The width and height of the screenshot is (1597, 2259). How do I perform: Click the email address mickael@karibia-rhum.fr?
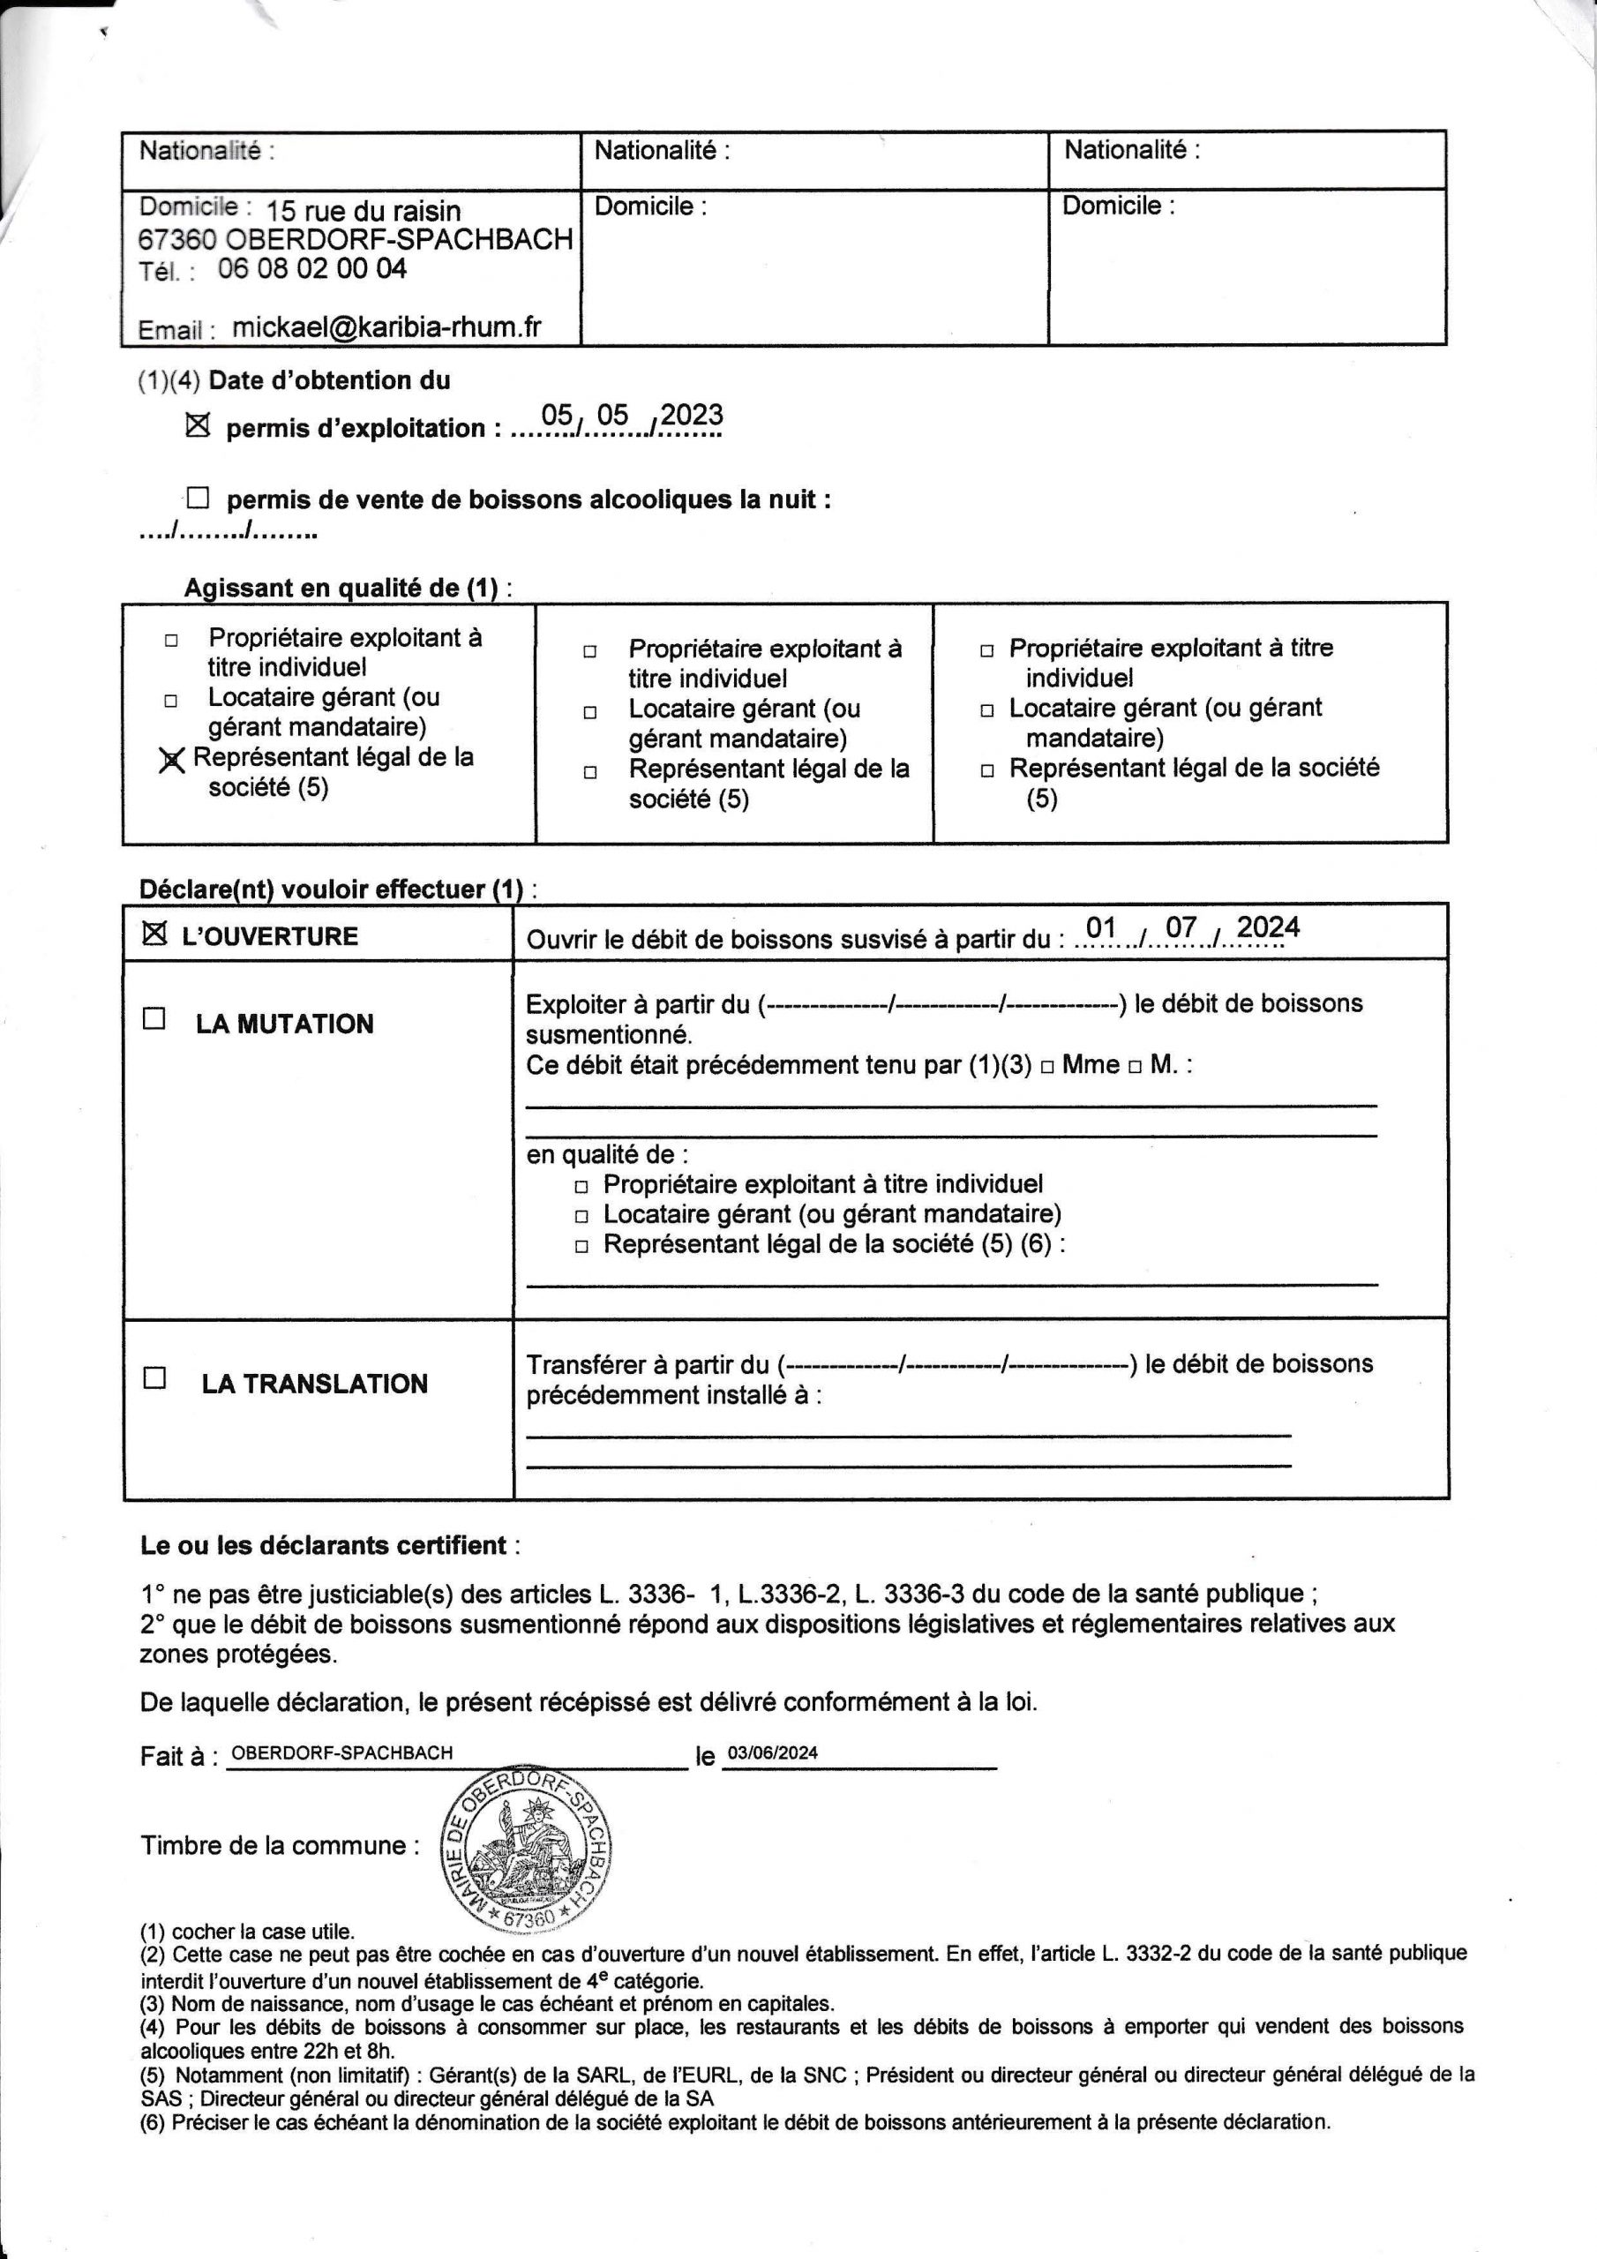[386, 327]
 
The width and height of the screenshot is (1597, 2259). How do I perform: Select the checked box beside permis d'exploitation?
[198, 426]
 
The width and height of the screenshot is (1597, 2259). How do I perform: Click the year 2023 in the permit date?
[692, 416]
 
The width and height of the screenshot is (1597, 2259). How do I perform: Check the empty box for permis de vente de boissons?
[198, 498]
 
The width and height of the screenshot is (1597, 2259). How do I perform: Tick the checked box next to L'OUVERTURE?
[154, 934]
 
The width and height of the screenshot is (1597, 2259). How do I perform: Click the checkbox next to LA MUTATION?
[154, 1018]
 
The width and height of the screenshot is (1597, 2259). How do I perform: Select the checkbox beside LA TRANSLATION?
[154, 1377]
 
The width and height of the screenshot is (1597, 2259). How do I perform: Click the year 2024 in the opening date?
[1267, 927]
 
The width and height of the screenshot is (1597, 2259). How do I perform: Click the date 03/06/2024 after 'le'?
[772, 1752]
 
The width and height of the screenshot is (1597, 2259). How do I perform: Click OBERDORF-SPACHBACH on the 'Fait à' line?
[341, 1752]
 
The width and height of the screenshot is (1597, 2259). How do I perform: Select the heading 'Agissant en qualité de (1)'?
[348, 589]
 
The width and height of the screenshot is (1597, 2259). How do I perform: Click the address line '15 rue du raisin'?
[364, 211]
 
